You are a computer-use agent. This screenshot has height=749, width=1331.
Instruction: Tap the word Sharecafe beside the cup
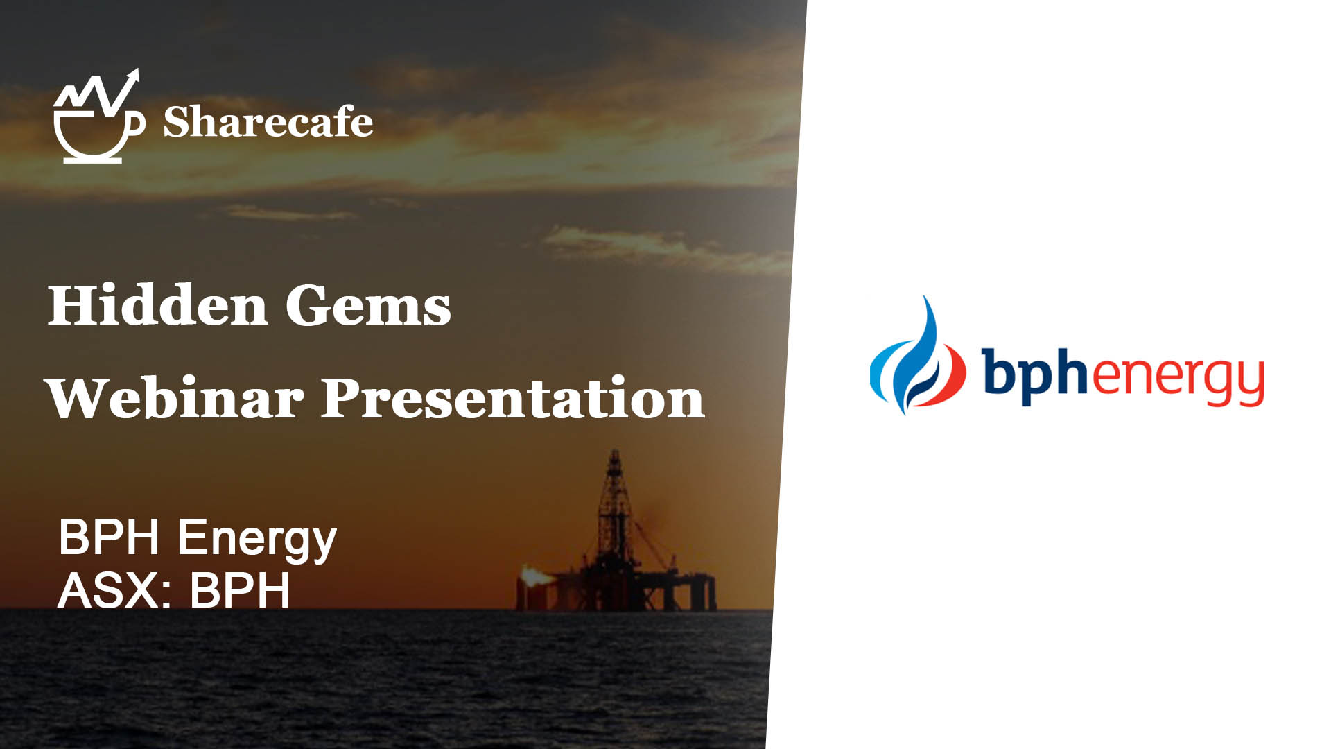click(x=268, y=123)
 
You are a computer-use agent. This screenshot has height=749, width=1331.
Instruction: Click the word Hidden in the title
click(x=158, y=305)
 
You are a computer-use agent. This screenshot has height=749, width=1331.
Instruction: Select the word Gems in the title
click(x=368, y=306)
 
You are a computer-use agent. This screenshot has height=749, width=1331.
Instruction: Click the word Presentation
click(x=513, y=399)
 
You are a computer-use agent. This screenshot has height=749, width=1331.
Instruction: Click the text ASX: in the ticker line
click(x=115, y=590)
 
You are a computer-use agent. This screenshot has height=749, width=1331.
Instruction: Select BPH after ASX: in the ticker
click(x=240, y=590)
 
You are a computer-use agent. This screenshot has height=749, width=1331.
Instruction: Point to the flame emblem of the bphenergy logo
click(x=918, y=355)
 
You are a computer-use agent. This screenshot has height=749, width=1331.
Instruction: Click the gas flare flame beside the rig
click(x=535, y=575)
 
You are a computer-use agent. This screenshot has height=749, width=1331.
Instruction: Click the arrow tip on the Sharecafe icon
click(x=137, y=69)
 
